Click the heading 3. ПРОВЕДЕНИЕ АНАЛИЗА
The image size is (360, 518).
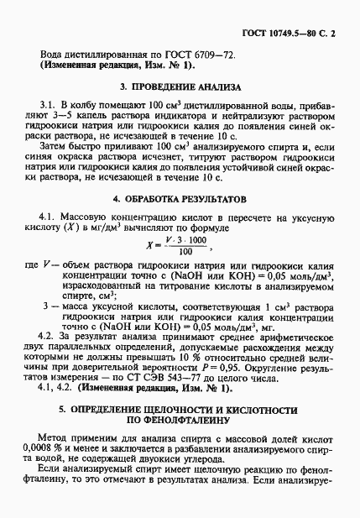(x=180, y=86)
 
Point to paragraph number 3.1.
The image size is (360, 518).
(x=61, y=107)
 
